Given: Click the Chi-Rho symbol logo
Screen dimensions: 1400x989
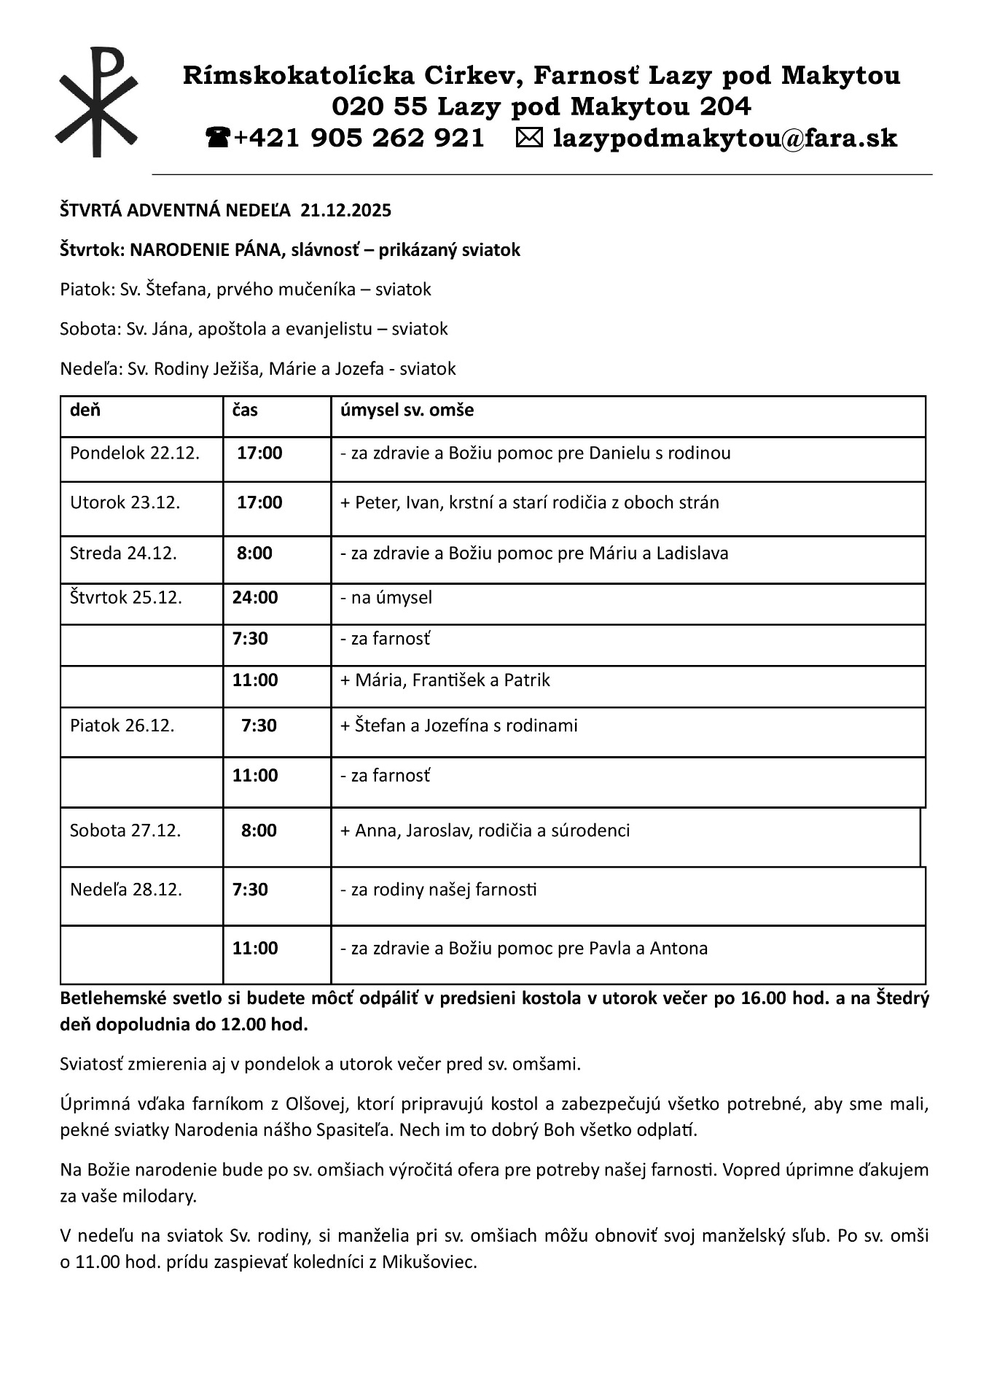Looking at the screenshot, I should [96, 102].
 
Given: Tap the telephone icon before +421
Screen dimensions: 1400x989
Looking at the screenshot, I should [217, 137].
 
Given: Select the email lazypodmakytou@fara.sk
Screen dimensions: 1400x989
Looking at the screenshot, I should [724, 138].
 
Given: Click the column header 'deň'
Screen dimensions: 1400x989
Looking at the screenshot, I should [85, 410].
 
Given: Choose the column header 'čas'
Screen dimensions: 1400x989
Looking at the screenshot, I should [245, 410].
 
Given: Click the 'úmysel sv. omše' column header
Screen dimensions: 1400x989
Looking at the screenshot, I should [407, 410].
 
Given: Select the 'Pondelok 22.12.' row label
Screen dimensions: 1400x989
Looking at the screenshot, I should [135, 453].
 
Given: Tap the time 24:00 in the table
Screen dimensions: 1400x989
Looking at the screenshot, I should [255, 598].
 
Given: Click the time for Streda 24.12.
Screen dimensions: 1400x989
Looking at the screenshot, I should [254, 553].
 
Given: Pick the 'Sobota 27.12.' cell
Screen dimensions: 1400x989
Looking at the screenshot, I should [125, 831].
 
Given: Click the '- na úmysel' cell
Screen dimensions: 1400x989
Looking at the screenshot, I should [386, 598].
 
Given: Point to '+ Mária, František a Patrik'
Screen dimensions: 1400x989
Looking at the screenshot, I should [445, 680].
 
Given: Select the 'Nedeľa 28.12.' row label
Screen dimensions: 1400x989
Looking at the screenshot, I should [126, 890].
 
